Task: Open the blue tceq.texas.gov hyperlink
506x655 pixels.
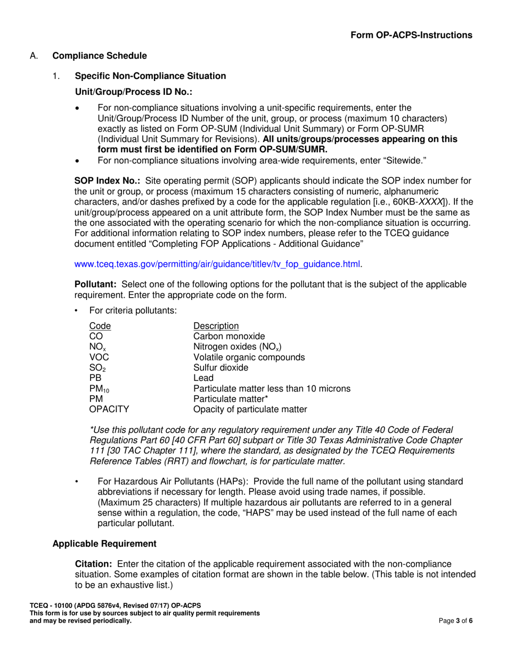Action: [x=218, y=263]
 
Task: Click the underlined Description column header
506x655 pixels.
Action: [x=216, y=326]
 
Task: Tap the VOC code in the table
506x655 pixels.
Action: [x=99, y=357]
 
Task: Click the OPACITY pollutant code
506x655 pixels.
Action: [x=109, y=409]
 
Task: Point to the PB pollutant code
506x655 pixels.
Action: [x=95, y=378]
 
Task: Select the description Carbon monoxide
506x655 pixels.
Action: [x=228, y=336]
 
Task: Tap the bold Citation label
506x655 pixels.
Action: [x=94, y=563]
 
